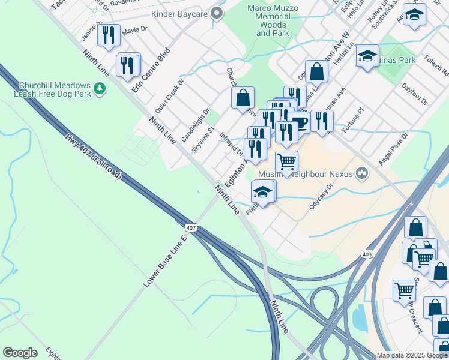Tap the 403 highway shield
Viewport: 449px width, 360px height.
[367, 254]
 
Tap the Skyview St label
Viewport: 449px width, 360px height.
[203, 139]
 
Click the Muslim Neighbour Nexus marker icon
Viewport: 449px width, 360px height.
[361, 174]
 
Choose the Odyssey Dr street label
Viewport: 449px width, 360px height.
[321, 196]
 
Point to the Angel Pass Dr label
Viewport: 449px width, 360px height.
[393, 149]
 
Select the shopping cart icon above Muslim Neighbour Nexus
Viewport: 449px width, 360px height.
[287, 161]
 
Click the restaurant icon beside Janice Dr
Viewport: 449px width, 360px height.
[109, 35]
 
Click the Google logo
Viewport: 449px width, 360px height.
[20, 353]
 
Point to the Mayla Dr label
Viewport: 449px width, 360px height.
[135, 29]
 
